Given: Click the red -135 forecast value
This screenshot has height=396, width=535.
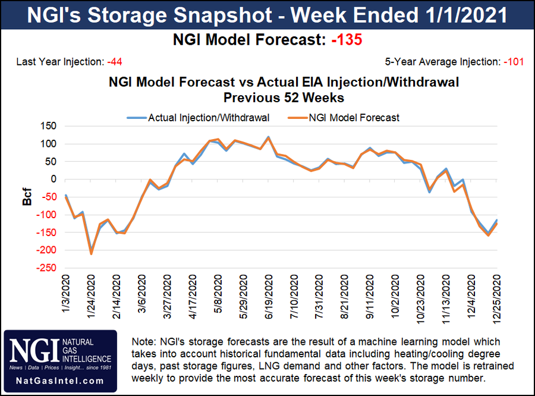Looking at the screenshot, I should tap(345, 40).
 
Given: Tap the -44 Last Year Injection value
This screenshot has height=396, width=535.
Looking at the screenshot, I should tap(115, 62).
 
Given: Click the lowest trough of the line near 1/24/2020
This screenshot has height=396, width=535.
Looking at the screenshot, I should tap(91, 253).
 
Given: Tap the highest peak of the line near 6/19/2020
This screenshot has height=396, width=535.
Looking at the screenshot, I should tap(269, 137).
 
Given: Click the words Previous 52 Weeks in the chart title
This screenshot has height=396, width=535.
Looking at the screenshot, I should tap(267, 96).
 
